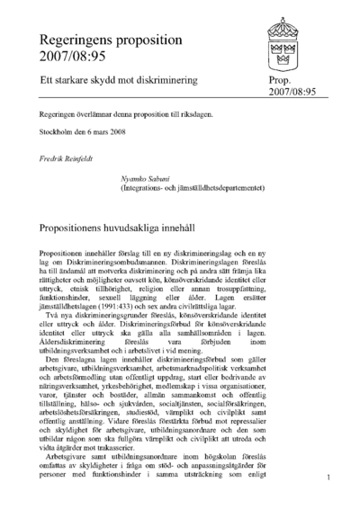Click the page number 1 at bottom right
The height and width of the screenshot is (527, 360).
tap(330, 478)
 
